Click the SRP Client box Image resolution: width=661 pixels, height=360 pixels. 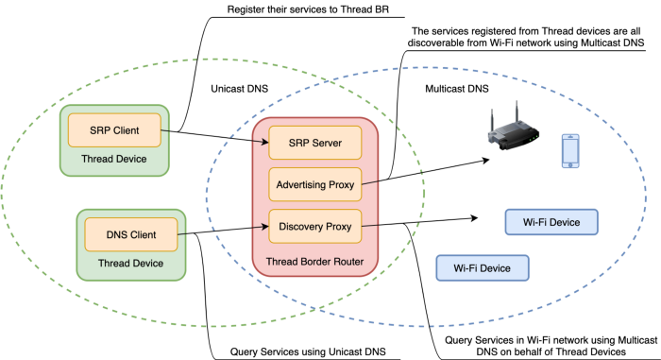click(x=114, y=130)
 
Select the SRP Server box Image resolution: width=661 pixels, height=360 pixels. click(x=314, y=143)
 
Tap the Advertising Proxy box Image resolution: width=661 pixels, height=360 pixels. click(x=314, y=184)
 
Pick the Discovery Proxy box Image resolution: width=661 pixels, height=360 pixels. click(x=314, y=226)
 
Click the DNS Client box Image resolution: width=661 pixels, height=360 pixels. click(x=131, y=234)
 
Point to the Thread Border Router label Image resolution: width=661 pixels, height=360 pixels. click(x=314, y=262)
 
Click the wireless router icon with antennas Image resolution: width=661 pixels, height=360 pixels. click(x=513, y=126)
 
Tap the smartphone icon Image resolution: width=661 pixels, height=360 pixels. click(x=570, y=151)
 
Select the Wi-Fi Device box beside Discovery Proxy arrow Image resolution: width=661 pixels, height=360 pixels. click(x=551, y=222)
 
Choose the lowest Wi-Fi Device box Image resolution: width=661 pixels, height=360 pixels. click(x=483, y=268)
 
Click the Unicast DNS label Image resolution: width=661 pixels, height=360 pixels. click(x=240, y=89)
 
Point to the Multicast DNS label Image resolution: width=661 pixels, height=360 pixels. click(x=457, y=89)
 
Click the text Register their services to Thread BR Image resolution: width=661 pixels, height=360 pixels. click(x=308, y=9)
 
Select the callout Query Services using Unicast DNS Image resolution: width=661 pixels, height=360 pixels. click(x=308, y=352)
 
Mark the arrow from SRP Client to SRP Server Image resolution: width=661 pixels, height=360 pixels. click(x=215, y=136)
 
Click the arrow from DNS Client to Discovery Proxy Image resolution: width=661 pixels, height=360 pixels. click(x=224, y=231)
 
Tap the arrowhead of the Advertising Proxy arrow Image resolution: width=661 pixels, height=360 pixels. click(x=486, y=160)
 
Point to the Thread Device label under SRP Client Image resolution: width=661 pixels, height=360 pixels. click(x=114, y=159)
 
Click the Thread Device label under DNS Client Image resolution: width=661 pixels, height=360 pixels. click(x=130, y=264)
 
